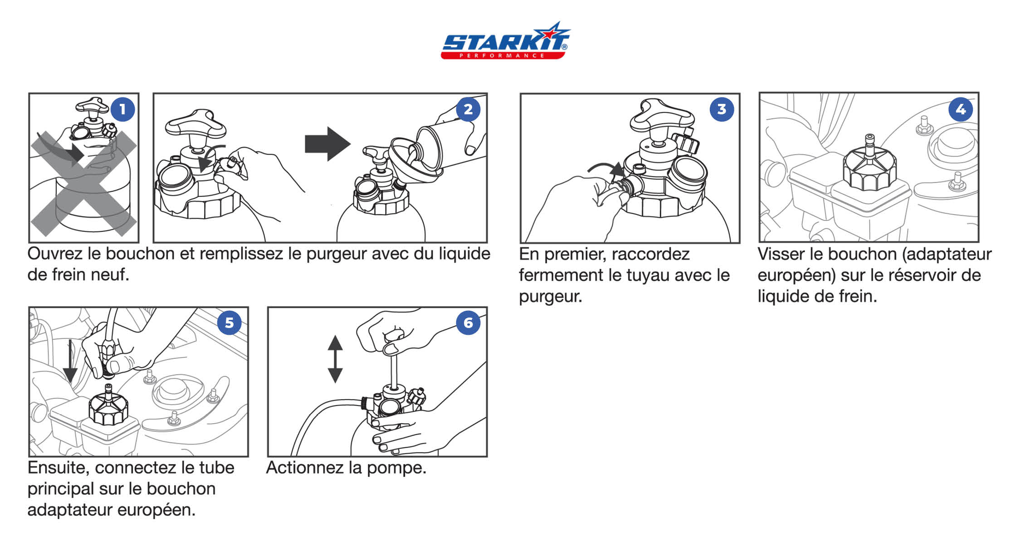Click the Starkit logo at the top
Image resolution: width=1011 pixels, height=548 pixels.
(x=505, y=40)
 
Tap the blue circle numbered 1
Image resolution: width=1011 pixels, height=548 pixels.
(x=122, y=109)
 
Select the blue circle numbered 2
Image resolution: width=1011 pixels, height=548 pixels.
(x=468, y=109)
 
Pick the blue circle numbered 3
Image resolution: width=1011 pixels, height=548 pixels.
(x=722, y=109)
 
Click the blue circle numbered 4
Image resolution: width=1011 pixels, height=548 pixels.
(x=961, y=109)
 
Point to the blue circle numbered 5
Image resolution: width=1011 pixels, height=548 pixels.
(x=230, y=323)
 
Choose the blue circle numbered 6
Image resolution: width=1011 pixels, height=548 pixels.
(x=468, y=323)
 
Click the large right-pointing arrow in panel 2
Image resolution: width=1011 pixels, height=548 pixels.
(x=327, y=144)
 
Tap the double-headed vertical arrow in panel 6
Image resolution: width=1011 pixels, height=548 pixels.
(x=335, y=359)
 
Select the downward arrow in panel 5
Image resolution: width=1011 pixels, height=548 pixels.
(x=70, y=362)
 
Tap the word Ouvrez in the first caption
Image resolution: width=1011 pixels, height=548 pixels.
(x=55, y=254)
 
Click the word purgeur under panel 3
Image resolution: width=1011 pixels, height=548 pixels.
(x=550, y=297)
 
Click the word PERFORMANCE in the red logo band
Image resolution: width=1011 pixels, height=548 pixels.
(x=502, y=55)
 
